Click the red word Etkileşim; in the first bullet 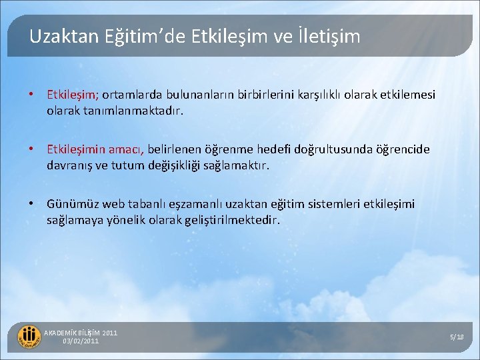(x=74, y=95)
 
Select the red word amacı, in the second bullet (x=126, y=149)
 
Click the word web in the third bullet (x=113, y=204)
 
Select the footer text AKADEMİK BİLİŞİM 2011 (x=80, y=333)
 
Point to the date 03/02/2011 (x=81, y=341)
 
